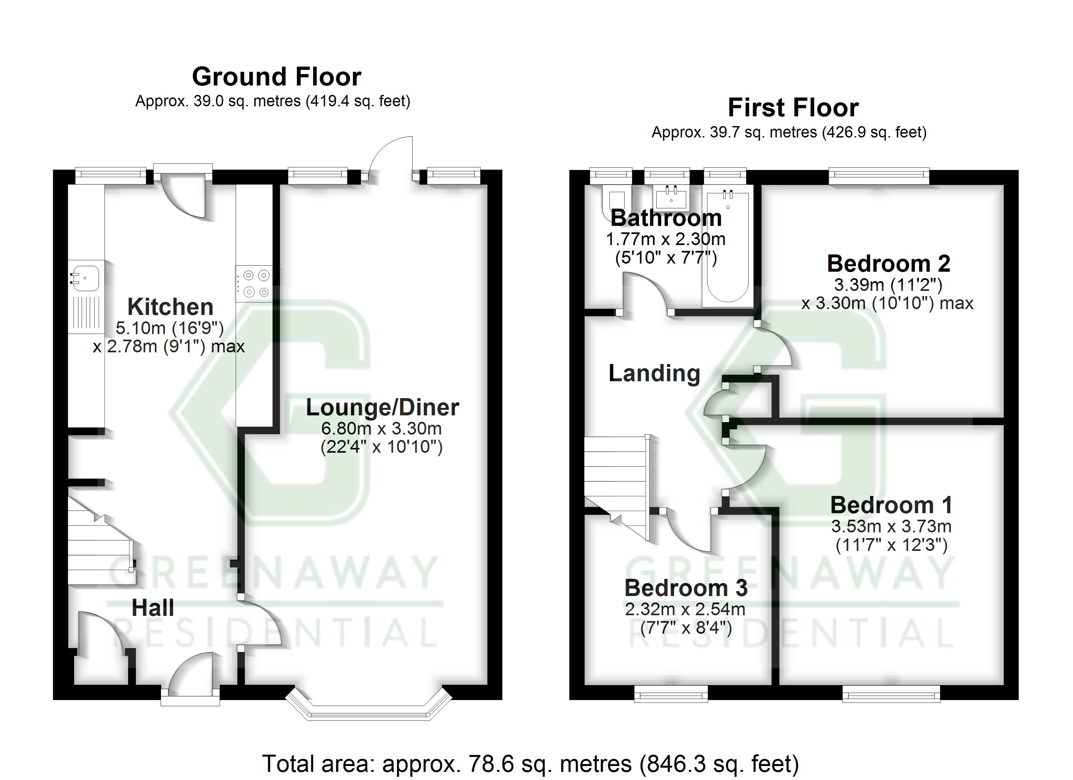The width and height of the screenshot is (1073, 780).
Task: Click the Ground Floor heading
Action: click(276, 77)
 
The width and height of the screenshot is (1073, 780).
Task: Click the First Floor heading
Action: click(793, 108)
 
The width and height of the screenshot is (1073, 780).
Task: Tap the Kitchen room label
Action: click(170, 307)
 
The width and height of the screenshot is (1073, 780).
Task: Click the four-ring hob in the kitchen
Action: click(255, 283)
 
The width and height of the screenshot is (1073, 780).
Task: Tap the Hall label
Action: click(152, 608)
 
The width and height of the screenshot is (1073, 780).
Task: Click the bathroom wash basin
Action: click(671, 197)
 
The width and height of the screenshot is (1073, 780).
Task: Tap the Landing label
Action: click(654, 373)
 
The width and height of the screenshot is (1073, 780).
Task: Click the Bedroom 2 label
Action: click(889, 264)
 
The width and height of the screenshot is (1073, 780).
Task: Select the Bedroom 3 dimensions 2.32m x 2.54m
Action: click(685, 609)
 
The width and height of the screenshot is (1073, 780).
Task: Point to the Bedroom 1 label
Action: click(891, 505)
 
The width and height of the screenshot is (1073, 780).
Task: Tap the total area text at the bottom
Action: click(530, 763)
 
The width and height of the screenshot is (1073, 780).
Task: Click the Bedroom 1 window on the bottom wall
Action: click(891, 695)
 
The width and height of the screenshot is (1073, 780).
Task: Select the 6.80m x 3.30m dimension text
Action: click(381, 429)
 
